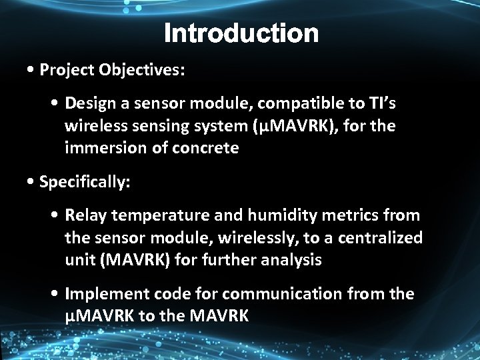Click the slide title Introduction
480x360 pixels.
(241, 33)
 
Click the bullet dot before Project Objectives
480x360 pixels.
(32, 71)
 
